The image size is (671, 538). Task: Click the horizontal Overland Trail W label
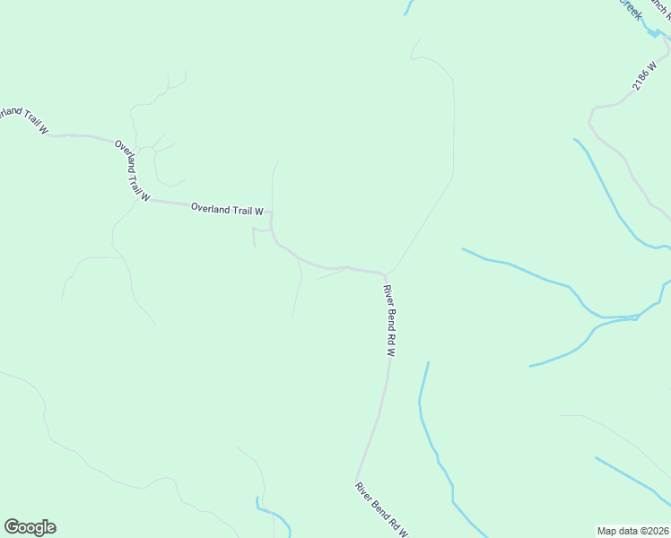tap(227, 210)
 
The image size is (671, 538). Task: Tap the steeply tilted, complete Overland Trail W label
tap(132, 169)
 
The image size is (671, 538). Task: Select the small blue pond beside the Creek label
tap(652, 32)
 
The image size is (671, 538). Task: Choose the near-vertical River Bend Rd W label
tap(389, 321)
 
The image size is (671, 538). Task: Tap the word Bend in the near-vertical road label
tap(390, 320)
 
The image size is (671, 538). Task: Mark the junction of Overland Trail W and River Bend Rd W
tap(385, 273)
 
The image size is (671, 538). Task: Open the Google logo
tap(30, 527)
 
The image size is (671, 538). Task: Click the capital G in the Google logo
tap(12, 527)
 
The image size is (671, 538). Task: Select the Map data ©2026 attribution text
tap(632, 530)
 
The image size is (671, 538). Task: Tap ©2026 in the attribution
tap(653, 530)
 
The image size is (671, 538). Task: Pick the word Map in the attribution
tap(607, 530)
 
